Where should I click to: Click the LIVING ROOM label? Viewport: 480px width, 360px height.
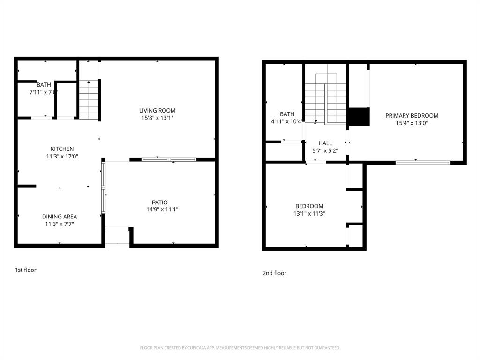click(157, 111)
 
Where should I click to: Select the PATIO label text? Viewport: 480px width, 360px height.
click(159, 202)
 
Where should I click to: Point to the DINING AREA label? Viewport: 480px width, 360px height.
click(59, 217)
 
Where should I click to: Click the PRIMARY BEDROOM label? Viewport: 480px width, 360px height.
click(412, 116)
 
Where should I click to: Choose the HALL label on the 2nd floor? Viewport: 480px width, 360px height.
click(325, 143)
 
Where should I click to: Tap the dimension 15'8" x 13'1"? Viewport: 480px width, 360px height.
click(157, 118)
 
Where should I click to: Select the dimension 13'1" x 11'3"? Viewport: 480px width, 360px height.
click(309, 214)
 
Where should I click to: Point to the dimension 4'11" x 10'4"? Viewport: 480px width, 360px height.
click(287, 121)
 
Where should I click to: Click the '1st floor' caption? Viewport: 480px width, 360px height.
click(25, 270)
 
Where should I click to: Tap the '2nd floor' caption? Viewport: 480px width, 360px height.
click(274, 273)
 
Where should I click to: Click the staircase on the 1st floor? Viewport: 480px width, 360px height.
click(89, 101)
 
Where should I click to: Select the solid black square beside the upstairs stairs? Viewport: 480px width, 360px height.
click(359, 117)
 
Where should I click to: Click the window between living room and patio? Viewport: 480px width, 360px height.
click(169, 160)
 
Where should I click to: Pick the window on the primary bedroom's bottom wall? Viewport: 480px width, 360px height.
click(423, 163)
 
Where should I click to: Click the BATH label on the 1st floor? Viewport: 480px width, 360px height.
click(44, 85)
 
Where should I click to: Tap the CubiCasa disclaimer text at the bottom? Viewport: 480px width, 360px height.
click(240, 348)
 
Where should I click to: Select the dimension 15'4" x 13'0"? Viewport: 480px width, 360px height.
click(412, 123)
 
